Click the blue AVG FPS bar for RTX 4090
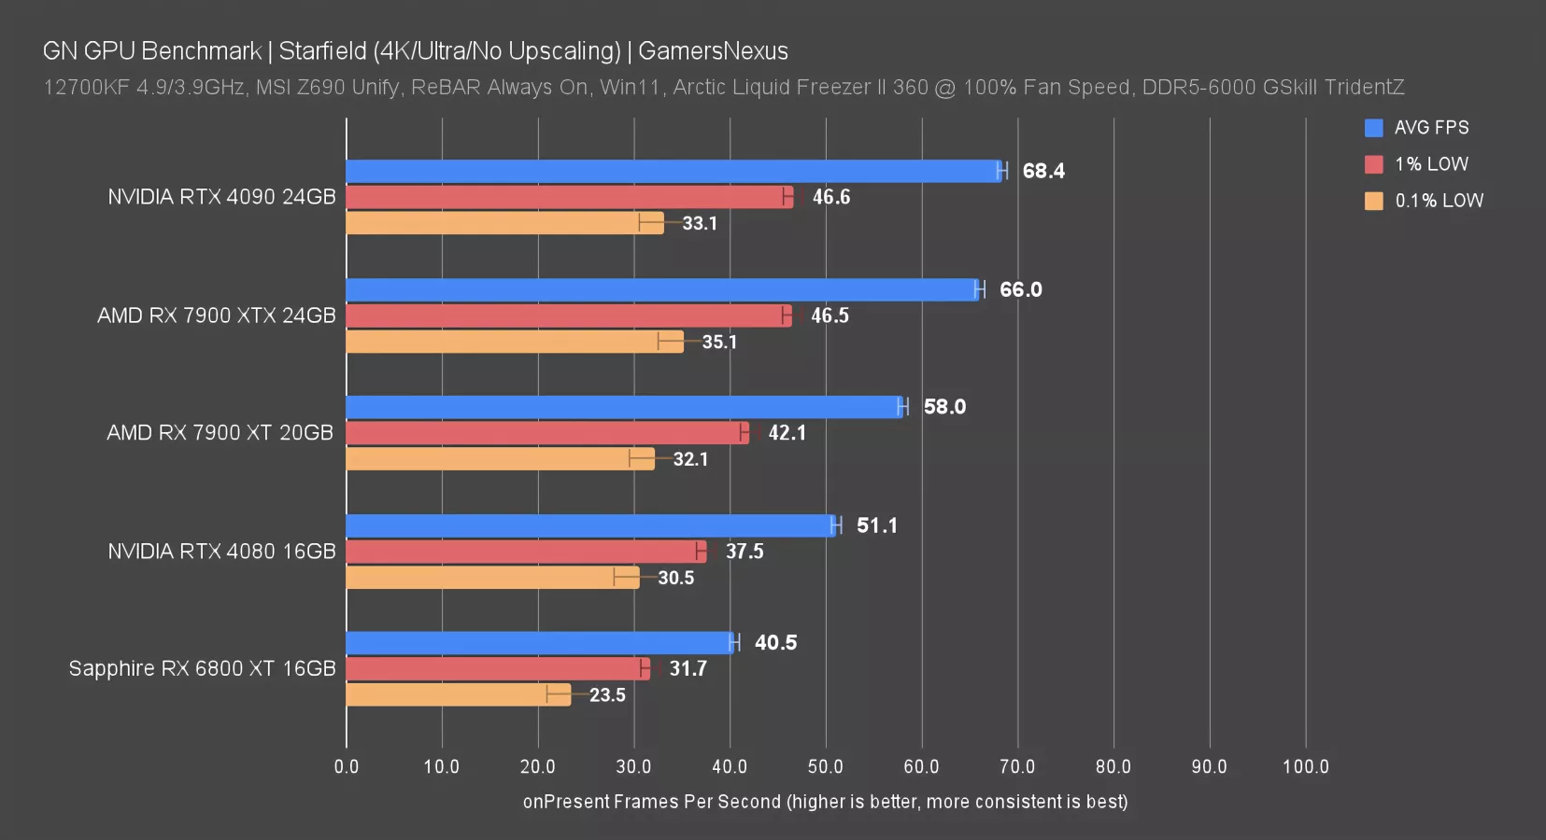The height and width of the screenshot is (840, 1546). pyautogui.click(x=673, y=171)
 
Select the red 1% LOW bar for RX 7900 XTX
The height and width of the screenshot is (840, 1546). pyautogui.click(x=568, y=315)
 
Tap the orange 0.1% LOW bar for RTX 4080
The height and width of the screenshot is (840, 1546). pyautogui.click(x=492, y=578)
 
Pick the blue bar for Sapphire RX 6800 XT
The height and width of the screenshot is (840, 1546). pyautogui.click(x=540, y=643)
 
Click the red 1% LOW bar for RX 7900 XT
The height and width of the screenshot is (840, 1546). pyautogui.click(x=546, y=433)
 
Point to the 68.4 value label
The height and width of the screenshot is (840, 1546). pyautogui.click(x=1043, y=171)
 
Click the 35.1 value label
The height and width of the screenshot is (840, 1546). pyautogui.click(x=719, y=342)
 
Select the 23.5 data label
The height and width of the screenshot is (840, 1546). pyautogui.click(x=607, y=695)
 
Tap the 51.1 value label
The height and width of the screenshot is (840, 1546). pyautogui.click(x=876, y=525)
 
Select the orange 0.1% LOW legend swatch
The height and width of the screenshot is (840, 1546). pyautogui.click(x=1373, y=201)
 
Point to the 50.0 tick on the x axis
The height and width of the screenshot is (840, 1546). pyautogui.click(x=825, y=767)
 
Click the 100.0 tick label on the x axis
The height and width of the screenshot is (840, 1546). pyautogui.click(x=1305, y=767)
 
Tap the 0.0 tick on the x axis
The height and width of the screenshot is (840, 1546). pyautogui.click(x=347, y=767)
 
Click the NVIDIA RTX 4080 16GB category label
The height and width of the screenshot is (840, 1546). pyautogui.click(x=221, y=552)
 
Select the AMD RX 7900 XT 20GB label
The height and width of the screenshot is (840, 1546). pyautogui.click(x=220, y=433)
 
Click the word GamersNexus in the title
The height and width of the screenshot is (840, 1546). pyautogui.click(x=713, y=51)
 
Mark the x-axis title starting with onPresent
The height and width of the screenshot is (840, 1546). pyautogui.click(x=825, y=802)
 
